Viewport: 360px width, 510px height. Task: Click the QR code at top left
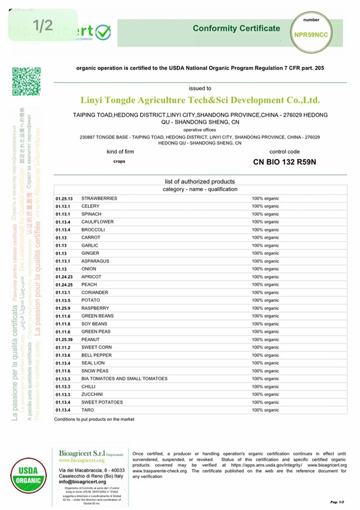(26, 82)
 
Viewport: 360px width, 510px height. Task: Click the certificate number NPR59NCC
(310, 34)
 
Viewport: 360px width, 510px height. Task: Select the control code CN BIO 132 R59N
(285, 163)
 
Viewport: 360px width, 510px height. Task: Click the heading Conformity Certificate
(236, 28)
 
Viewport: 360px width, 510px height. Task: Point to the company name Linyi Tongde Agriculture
(200, 100)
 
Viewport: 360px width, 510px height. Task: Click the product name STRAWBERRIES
(99, 198)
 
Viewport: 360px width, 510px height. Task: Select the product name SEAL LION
(93, 363)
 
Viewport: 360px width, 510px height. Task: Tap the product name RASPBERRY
(95, 308)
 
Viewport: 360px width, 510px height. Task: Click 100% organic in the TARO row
(265, 410)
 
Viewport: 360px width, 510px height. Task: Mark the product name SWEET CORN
(97, 347)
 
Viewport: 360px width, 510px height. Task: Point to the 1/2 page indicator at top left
(43, 25)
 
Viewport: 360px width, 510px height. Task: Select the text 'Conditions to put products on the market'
(94, 419)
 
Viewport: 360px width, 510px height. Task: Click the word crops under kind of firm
(119, 161)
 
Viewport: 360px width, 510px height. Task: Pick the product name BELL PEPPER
(96, 355)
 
